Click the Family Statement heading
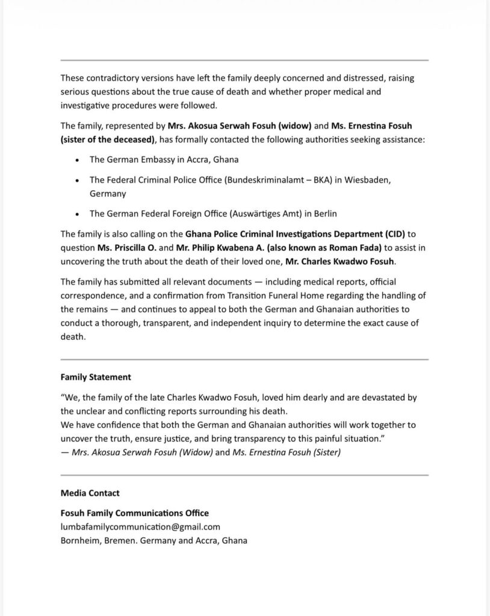coord(96,378)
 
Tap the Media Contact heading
coord(90,493)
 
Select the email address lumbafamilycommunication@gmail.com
coord(136,527)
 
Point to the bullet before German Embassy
coord(77,159)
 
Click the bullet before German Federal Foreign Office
coord(77,214)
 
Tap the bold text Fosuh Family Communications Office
coord(135,513)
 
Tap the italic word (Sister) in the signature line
coord(325,452)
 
